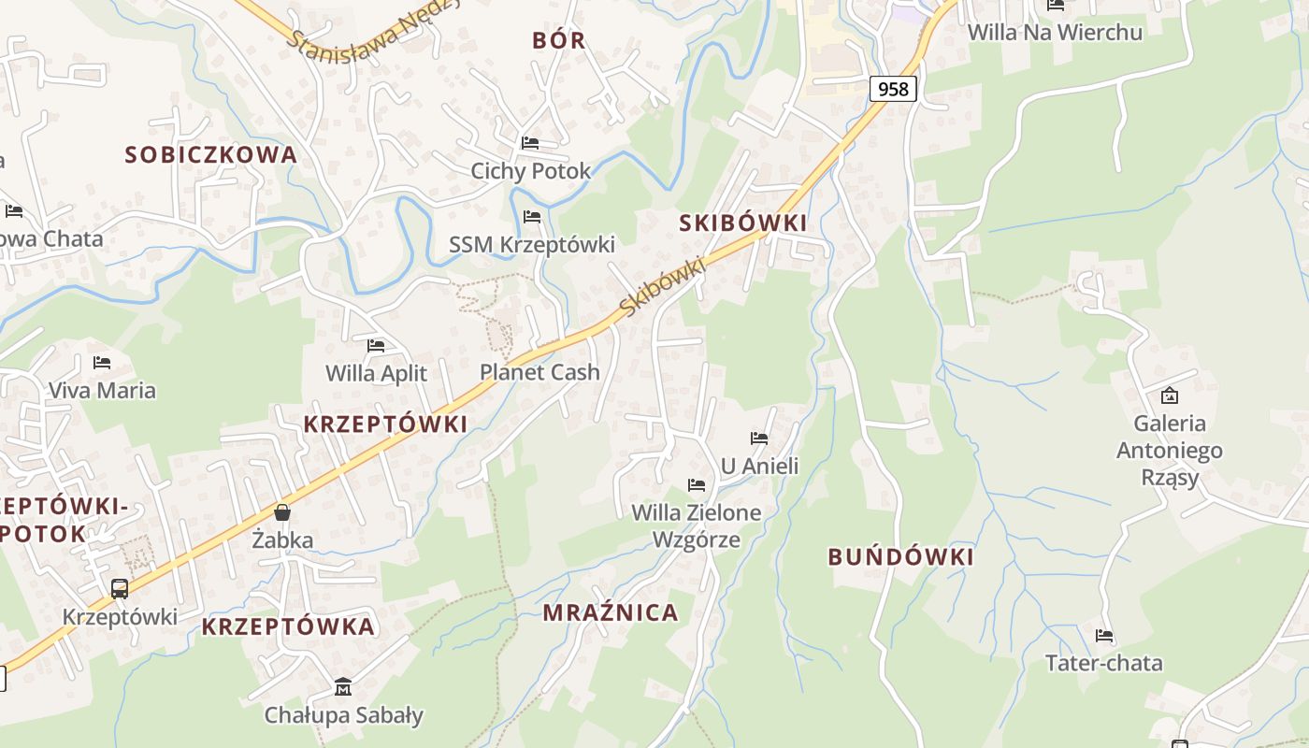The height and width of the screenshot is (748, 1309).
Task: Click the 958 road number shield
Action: [893, 89]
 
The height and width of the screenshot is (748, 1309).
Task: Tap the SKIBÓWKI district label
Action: [742, 223]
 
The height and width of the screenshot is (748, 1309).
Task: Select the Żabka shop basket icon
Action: [282, 512]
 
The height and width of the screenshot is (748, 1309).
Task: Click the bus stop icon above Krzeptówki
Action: [120, 589]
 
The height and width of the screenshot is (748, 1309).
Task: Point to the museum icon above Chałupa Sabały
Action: [343, 687]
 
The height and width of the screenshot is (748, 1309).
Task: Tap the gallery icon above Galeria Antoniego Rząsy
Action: [1169, 396]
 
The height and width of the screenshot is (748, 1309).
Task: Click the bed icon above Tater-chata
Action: [1104, 636]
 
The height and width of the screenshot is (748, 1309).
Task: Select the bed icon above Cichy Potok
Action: [530, 143]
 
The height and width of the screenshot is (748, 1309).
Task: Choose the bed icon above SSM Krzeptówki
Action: [532, 217]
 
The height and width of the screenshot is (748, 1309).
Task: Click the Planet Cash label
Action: [539, 372]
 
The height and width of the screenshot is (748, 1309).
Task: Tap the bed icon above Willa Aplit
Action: [376, 346]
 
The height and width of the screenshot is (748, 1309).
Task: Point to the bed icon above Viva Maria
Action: [102, 362]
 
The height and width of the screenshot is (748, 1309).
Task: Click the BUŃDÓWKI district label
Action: [900, 557]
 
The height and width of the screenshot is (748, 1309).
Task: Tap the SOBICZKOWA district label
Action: [210, 154]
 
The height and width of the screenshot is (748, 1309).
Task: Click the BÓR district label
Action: [558, 40]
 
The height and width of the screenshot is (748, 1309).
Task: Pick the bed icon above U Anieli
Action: [759, 438]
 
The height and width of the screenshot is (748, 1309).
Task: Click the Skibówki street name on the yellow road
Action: [661, 286]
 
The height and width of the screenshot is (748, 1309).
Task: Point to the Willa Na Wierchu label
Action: [1055, 32]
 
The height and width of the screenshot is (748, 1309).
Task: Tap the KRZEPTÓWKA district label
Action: [288, 626]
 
